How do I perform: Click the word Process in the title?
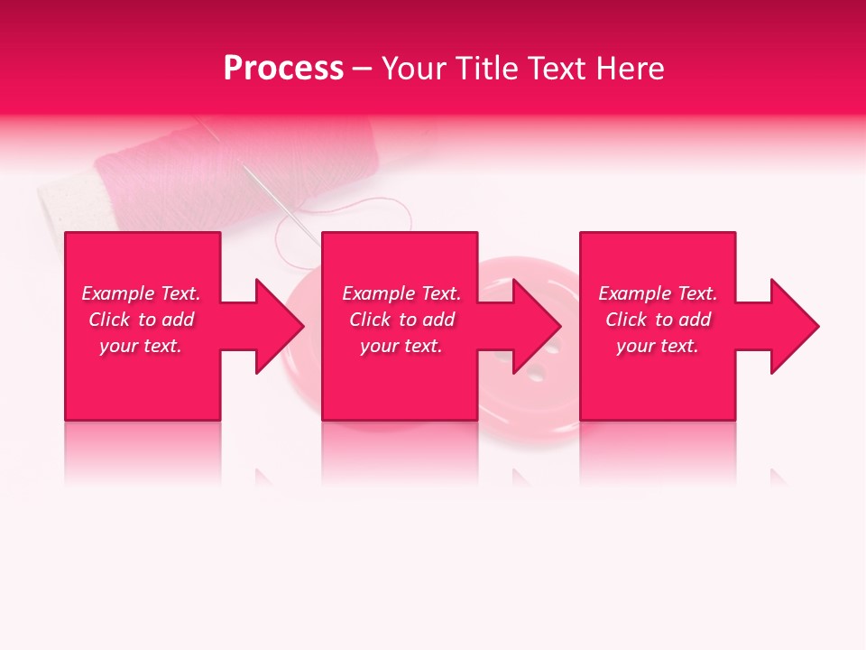283,69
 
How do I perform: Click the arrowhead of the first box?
280,326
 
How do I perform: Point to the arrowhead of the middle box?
537,326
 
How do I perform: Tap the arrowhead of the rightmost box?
795,326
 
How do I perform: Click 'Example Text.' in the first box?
141,293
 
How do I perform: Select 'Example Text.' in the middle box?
401,293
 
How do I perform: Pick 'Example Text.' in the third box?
658,293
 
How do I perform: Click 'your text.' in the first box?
141,346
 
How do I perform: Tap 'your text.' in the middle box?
401,346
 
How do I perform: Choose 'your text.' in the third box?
658,346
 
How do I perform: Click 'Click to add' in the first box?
141,320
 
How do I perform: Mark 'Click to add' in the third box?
658,320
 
